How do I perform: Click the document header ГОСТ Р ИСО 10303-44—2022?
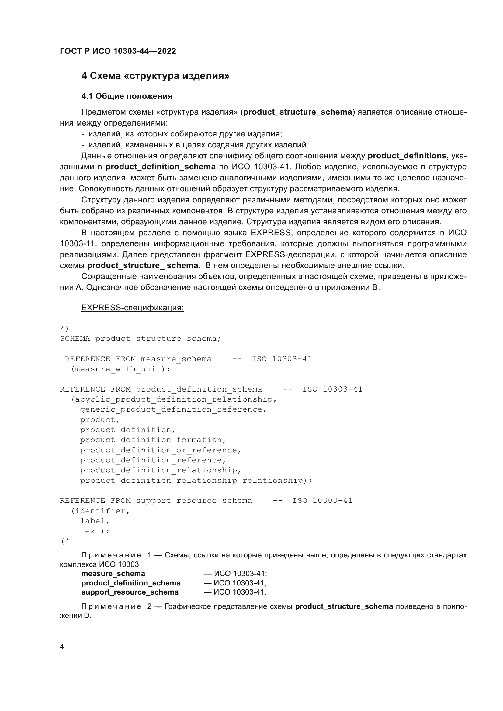point(118,51)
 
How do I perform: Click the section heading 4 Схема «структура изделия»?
point(155,76)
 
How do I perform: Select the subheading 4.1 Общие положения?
point(127,96)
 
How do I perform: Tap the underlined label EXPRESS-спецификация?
point(132,308)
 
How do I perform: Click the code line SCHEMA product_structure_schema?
point(140,338)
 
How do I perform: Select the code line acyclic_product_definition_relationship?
point(173,399)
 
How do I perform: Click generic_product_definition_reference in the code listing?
point(173,409)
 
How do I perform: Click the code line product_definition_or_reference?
point(160,450)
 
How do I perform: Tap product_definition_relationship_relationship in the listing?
point(196,480)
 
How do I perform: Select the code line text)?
point(95,531)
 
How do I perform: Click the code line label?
point(95,521)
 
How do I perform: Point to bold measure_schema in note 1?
point(113,574)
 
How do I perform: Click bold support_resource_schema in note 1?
point(130,592)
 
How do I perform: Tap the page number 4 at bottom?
point(62,647)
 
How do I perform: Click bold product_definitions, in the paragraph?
point(408,156)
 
